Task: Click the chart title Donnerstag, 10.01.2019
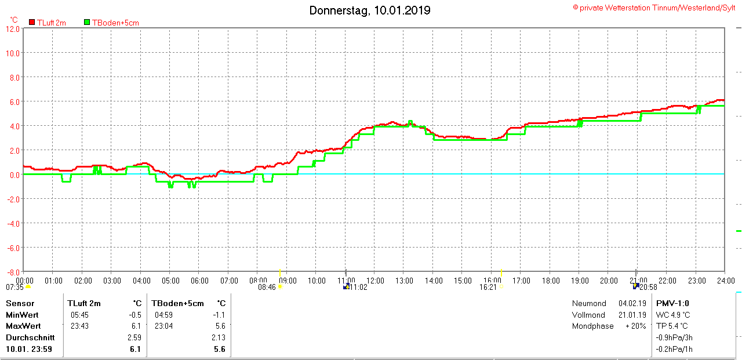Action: [x=370, y=10]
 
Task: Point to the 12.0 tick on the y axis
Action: [x=13, y=28]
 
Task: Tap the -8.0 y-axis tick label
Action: [x=13, y=271]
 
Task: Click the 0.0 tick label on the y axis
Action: [x=14, y=174]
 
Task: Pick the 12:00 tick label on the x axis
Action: [x=374, y=281]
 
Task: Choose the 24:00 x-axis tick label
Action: [x=725, y=281]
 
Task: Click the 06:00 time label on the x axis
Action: [x=199, y=281]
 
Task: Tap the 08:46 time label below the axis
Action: [x=267, y=287]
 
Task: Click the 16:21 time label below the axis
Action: [x=488, y=287]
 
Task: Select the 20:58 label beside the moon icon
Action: [x=648, y=287]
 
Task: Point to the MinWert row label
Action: [x=21, y=315]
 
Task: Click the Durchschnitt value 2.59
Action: [x=134, y=337]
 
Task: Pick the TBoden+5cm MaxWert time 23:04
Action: [x=163, y=326]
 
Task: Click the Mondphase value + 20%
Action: [x=635, y=326]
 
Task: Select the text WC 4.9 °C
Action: [x=673, y=315]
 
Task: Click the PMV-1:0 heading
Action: [x=672, y=303]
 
